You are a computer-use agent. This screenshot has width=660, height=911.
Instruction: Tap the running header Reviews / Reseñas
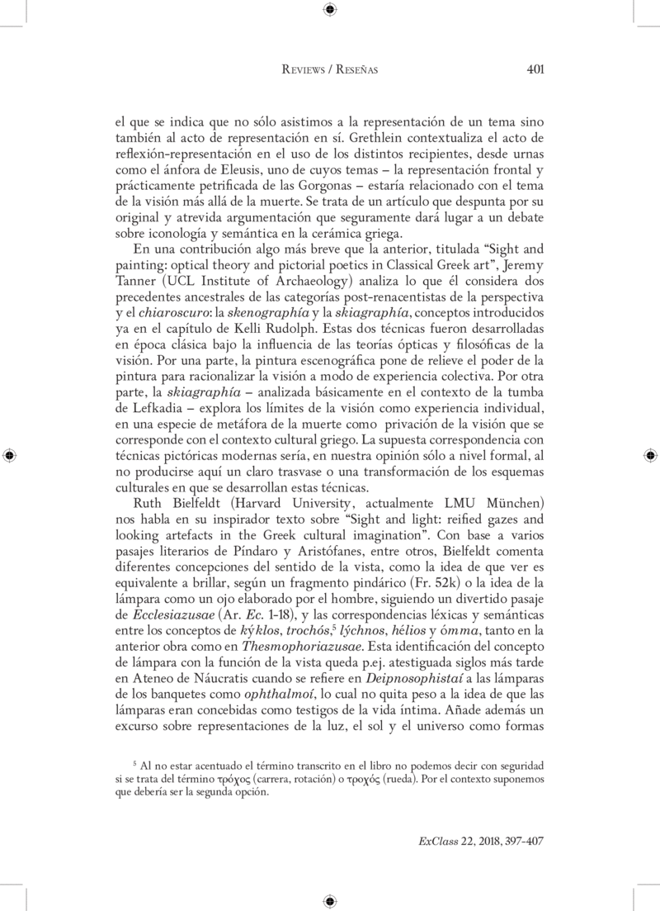[x=329, y=70]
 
